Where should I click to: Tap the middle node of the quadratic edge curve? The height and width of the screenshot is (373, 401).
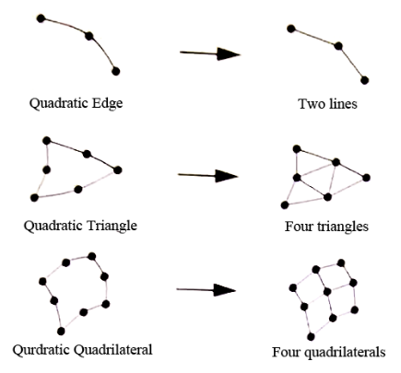[x=89, y=36]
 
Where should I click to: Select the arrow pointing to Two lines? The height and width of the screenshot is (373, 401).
[x=210, y=53]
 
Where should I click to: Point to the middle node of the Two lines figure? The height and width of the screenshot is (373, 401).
[x=338, y=46]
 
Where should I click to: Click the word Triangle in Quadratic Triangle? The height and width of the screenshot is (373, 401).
[x=112, y=227]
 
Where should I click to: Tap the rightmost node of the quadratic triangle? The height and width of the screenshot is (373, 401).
[x=118, y=169]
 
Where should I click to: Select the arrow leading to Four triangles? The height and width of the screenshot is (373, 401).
[x=208, y=176]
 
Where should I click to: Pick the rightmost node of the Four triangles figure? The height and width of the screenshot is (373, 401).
[x=366, y=178]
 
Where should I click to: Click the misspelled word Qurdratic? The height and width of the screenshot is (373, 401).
[x=41, y=350]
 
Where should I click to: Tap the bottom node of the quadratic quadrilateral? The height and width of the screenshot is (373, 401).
[x=61, y=331]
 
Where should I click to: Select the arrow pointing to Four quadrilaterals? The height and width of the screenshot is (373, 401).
[x=206, y=290]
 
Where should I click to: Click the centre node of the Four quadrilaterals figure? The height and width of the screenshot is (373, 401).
[x=327, y=291]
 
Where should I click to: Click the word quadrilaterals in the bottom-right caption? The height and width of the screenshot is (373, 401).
[x=345, y=352]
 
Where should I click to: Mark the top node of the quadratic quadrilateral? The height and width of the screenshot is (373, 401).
[x=91, y=256]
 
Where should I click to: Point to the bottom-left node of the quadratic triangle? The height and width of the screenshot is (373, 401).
[x=34, y=198]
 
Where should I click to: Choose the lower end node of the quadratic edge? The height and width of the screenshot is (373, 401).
[x=115, y=71]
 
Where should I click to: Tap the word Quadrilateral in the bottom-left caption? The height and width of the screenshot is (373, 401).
[x=113, y=350]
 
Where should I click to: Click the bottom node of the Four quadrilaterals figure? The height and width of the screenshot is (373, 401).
[x=311, y=337]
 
